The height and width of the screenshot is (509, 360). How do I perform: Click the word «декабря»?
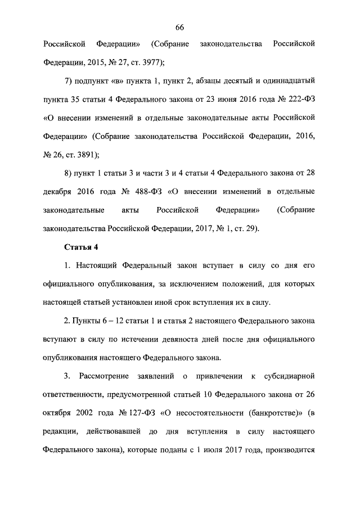[x=57, y=192]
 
